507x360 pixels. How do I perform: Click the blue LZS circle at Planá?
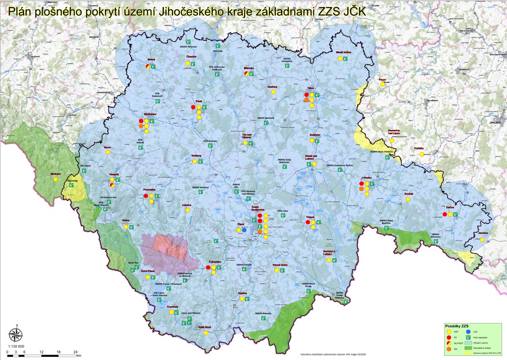[x=244, y=230]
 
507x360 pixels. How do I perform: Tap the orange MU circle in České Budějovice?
[x=260, y=232]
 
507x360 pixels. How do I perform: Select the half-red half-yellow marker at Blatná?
[x=148, y=66]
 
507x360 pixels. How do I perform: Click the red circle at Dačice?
[x=445, y=214]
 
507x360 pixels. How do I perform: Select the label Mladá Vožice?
[x=344, y=53]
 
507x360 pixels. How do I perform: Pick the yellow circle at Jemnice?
[x=482, y=240]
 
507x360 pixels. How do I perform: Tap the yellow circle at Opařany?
[x=273, y=92]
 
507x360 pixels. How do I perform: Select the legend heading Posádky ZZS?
[x=457, y=326]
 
